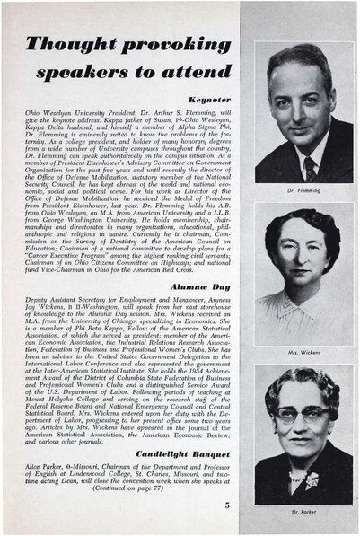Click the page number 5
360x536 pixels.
click(227, 505)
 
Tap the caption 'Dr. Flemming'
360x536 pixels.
click(303, 190)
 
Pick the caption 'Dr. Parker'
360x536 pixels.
click(303, 512)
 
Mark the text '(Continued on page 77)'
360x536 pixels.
click(146, 491)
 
